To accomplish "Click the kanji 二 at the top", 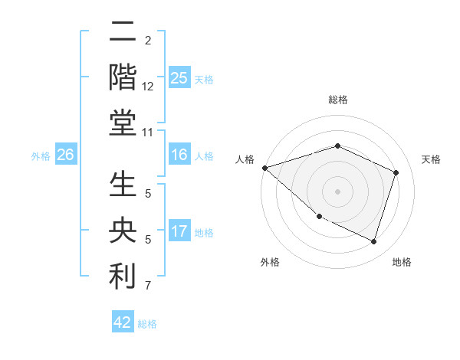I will coord(123,32).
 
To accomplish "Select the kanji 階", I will coord(123,77).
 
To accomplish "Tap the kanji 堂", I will coord(123,123).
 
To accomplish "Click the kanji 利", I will coord(123,277).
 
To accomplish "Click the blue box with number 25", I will coord(179,77).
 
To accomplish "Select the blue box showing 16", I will coord(179,155).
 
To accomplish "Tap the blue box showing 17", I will coord(179,231).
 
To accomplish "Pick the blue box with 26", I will coord(65,155).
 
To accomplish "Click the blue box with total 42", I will coord(123,322).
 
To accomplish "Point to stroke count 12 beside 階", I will coord(148,87).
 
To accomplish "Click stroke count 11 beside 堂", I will coord(148,133).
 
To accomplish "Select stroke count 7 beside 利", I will coord(148,286).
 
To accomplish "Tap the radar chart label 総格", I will coord(337,100).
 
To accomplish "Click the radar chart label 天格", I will coord(431,159).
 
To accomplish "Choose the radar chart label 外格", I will coord(270,262).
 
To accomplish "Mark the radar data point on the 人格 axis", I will coord(264,167).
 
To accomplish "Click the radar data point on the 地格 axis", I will coord(373,241).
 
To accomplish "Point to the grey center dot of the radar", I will coord(337,191).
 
